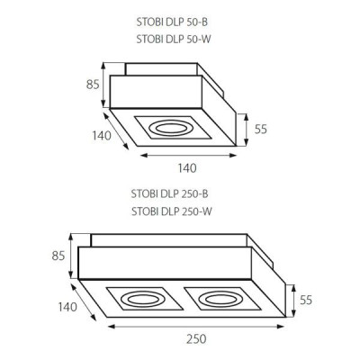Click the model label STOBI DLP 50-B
coord(172,22)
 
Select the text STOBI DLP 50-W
coord(174,40)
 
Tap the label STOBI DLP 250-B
coord(169,194)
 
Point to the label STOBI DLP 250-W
coord(172,211)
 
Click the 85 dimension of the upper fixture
coord(93,85)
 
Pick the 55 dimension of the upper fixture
coord(261,130)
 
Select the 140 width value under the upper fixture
coord(187,168)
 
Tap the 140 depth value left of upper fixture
coord(102,136)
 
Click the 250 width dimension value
coord(196,339)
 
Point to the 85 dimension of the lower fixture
coord(58,256)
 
